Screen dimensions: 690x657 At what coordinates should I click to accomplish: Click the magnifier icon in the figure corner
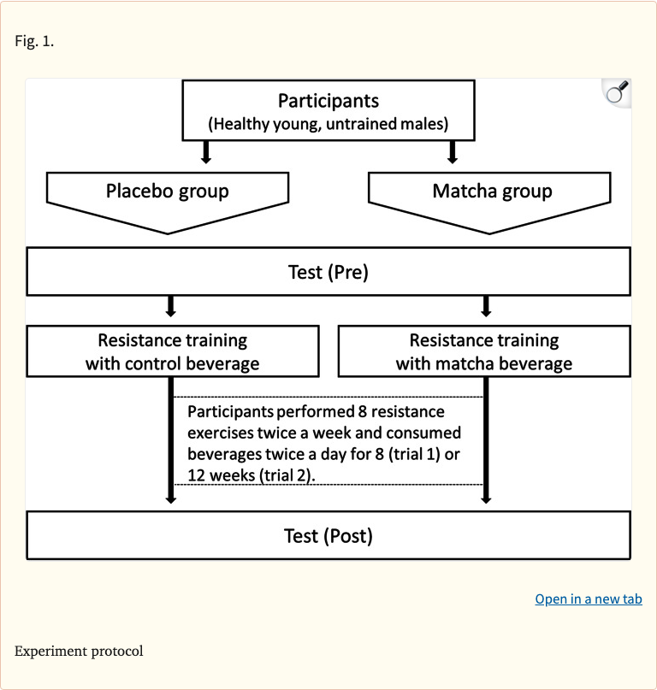click(617, 92)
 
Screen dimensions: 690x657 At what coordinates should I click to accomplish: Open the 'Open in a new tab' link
click(589, 599)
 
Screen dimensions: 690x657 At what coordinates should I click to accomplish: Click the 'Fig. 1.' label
click(34, 41)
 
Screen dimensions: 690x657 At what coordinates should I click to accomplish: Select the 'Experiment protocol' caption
click(79, 651)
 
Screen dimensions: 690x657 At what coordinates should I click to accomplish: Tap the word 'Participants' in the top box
click(328, 102)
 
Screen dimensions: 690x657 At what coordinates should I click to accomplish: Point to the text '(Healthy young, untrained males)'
click(328, 124)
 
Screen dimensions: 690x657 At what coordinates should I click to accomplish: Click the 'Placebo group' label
click(168, 191)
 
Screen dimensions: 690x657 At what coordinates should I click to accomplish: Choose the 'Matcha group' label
click(492, 191)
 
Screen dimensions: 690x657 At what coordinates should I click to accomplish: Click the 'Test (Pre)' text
click(328, 273)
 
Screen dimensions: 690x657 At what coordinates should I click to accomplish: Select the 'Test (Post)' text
click(328, 536)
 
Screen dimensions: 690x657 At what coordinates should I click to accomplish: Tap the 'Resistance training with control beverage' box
click(172, 351)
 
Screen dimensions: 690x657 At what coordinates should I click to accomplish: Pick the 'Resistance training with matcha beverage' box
click(484, 351)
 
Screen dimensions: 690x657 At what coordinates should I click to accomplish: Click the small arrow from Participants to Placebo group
click(204, 152)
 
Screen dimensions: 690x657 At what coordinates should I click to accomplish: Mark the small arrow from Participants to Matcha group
click(453, 152)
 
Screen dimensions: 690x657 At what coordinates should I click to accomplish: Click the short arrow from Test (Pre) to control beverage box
click(171, 306)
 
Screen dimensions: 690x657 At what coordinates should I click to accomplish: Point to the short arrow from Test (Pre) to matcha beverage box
click(486, 306)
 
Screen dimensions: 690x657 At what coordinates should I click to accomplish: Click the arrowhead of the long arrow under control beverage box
click(171, 498)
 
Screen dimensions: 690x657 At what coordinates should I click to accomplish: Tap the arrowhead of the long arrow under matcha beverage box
click(486, 498)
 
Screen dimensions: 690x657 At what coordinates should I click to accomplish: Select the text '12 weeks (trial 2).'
click(252, 475)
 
